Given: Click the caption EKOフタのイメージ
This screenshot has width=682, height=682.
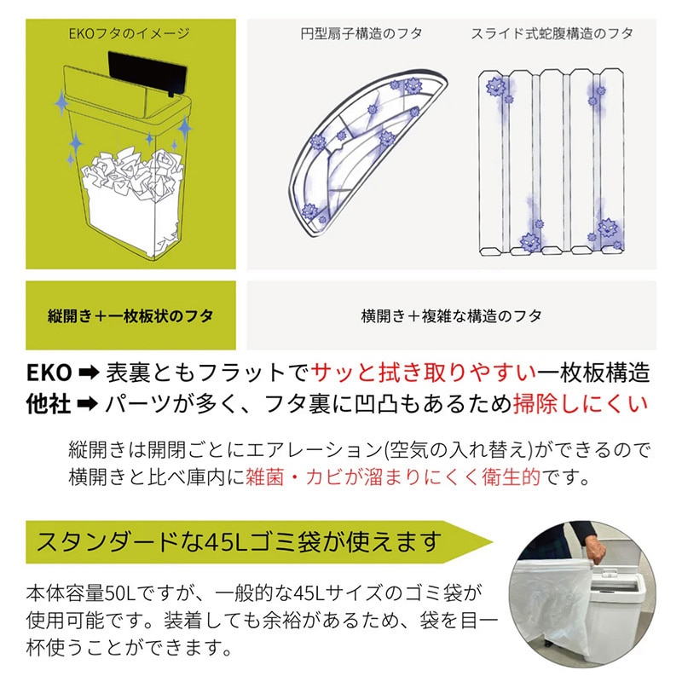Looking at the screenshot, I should [x=129, y=35].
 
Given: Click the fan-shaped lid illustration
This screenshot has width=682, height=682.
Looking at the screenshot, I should [x=367, y=149].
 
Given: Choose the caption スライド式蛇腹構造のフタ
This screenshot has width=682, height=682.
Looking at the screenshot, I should [x=552, y=35].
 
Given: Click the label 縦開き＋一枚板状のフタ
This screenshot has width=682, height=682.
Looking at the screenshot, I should [x=130, y=315].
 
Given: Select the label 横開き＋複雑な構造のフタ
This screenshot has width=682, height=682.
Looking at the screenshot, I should [x=451, y=315].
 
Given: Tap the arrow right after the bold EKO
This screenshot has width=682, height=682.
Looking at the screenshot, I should [x=89, y=373].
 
